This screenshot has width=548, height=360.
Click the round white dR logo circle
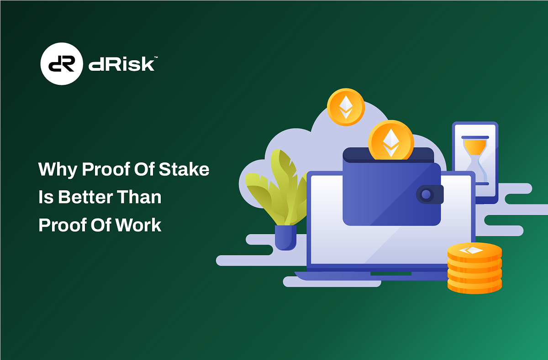[x=62, y=63]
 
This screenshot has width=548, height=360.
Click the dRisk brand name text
[x=121, y=64]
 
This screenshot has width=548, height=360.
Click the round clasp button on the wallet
[x=427, y=195]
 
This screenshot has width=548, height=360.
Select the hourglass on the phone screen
[x=475, y=160]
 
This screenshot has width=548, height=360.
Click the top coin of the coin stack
[x=474, y=251]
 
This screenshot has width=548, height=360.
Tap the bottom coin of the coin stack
[x=474, y=285]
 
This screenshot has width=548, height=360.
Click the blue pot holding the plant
[x=285, y=237]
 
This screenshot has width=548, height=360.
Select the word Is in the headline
[x=45, y=198]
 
